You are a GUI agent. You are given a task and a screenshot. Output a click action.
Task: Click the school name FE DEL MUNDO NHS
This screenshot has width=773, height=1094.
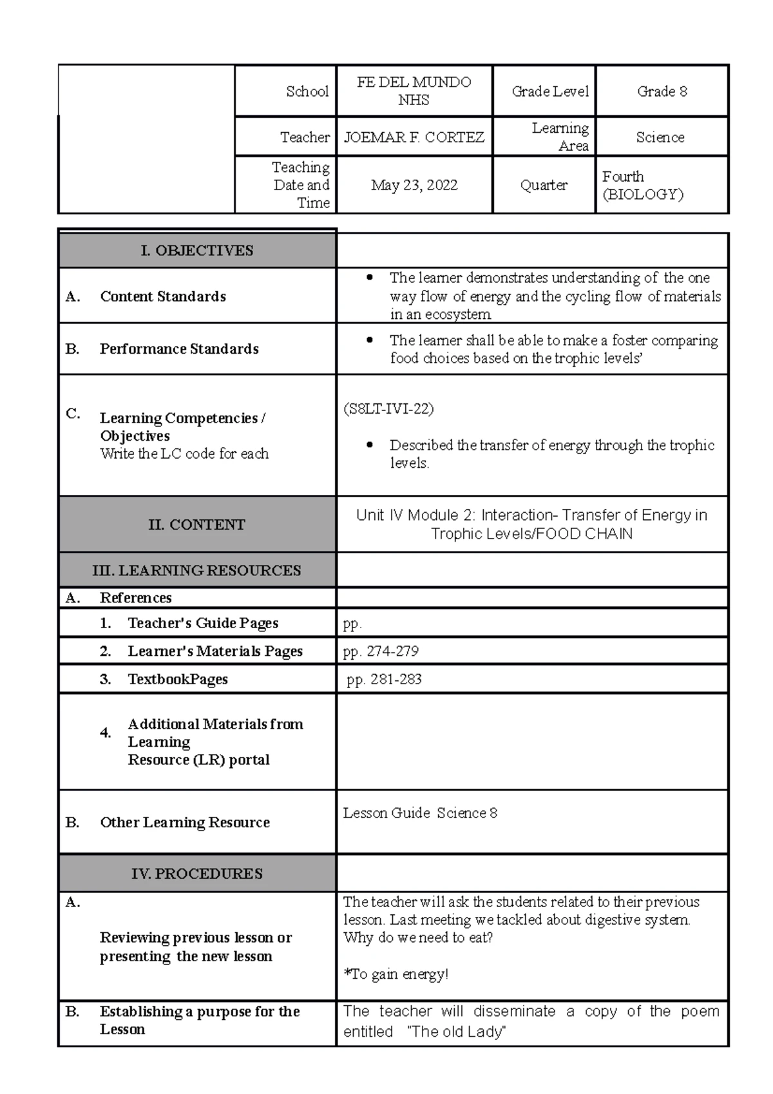point(414,91)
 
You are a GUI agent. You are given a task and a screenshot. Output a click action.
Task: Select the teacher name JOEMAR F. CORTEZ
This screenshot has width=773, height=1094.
point(414,137)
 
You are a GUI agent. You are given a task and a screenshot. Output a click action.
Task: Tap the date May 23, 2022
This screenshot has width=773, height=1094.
point(414,186)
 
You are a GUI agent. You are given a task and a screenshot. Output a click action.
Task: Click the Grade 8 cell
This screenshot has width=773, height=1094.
point(662,91)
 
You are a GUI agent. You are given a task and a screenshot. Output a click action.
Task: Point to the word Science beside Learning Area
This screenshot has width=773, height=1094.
point(660,137)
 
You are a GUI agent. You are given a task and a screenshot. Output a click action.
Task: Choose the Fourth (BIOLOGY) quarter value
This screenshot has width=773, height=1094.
point(642,186)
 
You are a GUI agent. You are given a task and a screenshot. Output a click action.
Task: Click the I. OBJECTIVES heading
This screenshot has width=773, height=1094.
point(196,251)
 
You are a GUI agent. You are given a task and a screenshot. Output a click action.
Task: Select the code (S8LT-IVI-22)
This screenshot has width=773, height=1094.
point(388,409)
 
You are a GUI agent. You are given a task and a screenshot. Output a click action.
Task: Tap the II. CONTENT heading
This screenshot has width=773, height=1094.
point(196,524)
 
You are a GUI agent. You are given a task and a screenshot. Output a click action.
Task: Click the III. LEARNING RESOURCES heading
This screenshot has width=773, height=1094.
point(196,570)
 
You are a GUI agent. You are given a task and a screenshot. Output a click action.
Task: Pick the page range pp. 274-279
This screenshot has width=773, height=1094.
point(381,651)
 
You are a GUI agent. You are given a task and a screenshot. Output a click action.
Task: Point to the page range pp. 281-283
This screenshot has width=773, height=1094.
point(384,679)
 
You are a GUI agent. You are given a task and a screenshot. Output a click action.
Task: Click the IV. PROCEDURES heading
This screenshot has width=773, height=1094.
point(196,874)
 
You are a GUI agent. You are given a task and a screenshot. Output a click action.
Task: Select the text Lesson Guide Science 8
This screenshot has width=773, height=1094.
point(420,813)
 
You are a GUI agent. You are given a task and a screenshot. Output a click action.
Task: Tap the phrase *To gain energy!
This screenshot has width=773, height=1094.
point(396,974)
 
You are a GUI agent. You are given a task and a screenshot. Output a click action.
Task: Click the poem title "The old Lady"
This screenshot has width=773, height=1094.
point(457,1032)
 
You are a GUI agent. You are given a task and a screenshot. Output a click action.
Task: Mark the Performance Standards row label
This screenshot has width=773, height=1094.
point(179,349)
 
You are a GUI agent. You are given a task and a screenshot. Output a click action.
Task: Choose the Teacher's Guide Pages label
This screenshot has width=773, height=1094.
point(202,623)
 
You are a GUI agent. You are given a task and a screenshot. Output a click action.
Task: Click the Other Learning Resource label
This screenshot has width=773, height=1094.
point(184,823)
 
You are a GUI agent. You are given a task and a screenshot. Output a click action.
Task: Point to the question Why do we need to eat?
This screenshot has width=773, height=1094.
point(417,937)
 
